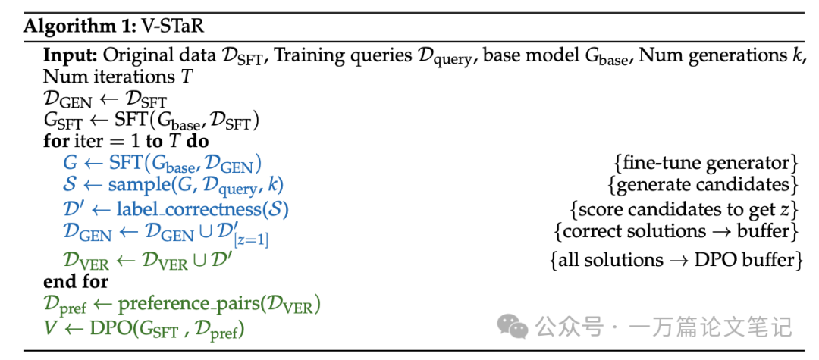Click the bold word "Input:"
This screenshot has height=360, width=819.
tap(70, 56)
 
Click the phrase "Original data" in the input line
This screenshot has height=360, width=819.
tap(145, 56)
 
